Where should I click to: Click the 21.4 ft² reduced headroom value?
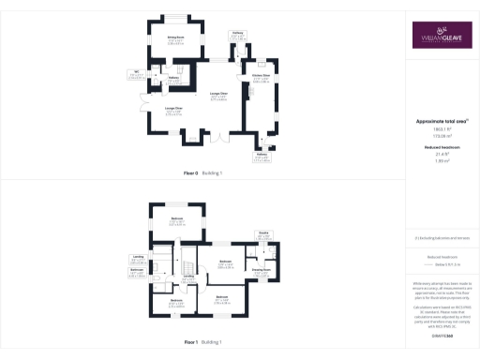click(441, 154)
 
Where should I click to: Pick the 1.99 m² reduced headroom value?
click(441, 161)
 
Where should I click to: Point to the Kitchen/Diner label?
click(261, 78)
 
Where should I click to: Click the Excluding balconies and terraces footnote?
click(441, 238)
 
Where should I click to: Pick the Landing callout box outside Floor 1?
click(136, 260)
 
